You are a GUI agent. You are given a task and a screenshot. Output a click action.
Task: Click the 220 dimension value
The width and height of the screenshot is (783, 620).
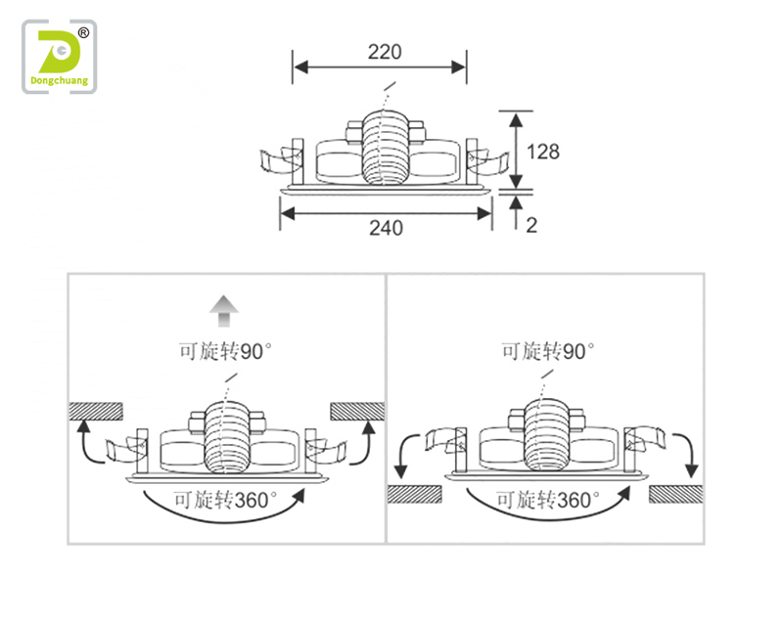[x=385, y=52]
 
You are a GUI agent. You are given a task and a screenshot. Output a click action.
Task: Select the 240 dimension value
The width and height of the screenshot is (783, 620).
[x=386, y=228]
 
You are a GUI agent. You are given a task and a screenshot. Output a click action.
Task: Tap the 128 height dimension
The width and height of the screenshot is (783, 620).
[x=543, y=152]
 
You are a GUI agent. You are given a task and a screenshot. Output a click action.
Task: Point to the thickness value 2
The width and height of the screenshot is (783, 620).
[x=531, y=226]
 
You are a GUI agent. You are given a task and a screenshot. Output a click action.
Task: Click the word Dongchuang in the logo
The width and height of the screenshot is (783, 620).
[x=60, y=81]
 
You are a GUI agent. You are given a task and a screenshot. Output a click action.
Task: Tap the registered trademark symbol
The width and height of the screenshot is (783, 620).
[x=83, y=33]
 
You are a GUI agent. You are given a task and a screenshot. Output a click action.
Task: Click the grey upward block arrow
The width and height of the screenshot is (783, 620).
[x=224, y=311]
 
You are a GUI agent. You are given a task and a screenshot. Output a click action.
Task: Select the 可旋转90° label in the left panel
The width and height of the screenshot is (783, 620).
[x=225, y=351]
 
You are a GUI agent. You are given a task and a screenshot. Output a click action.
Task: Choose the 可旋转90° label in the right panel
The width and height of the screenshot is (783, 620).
[x=548, y=351]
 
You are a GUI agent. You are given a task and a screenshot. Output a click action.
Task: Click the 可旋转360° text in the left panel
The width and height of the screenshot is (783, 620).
[x=225, y=500]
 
